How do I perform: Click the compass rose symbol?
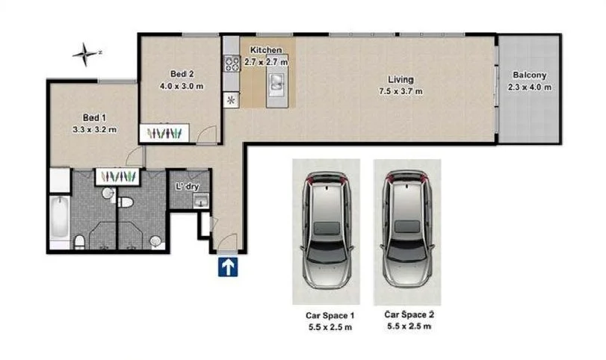(87, 53)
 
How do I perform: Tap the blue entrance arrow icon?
(228, 267)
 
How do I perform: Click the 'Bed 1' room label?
(94, 118)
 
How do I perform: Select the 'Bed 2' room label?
(182, 73)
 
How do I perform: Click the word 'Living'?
(401, 79)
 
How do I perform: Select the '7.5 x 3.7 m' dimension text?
(401, 91)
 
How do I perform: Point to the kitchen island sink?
(277, 80)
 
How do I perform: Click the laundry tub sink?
(199, 199)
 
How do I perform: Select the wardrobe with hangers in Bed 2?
(165, 133)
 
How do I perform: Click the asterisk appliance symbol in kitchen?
(231, 99)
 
